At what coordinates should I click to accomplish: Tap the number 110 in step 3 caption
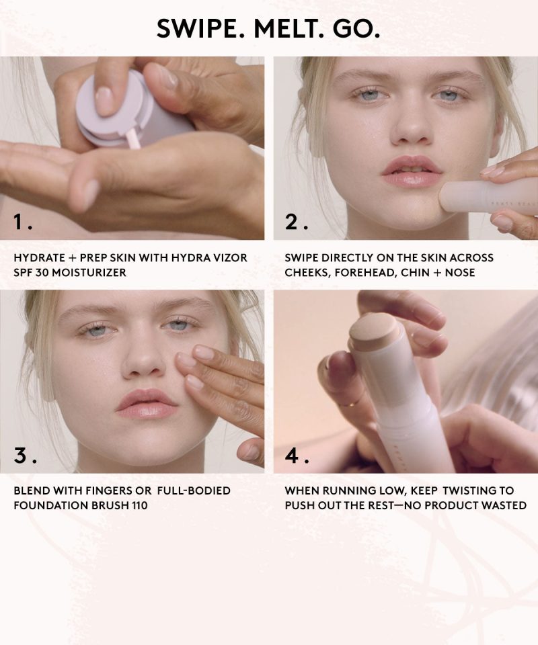[x=139, y=505]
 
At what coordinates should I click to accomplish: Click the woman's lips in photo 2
[x=410, y=171]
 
